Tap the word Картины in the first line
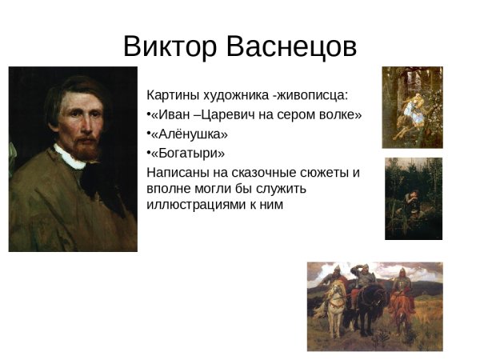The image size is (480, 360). coord(171,95)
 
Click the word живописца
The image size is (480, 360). coord(313,95)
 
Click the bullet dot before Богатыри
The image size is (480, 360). coord(149,153)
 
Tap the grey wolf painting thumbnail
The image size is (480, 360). coord(412,107)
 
